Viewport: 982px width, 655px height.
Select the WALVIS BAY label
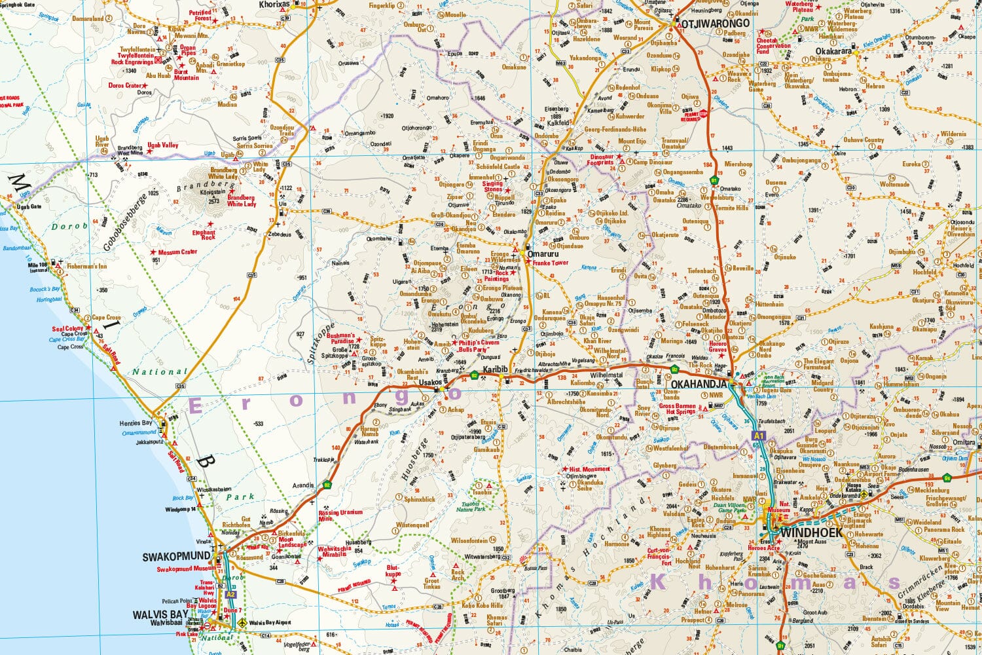tap(159, 614)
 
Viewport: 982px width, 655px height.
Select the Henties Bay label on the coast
tap(136, 423)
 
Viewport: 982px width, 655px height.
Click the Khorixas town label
tap(274, 4)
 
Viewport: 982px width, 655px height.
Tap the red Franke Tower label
tap(551, 263)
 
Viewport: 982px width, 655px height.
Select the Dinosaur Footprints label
tap(605, 160)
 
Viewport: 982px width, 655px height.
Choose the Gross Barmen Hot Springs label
tap(677, 409)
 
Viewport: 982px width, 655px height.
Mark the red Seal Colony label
tap(67, 329)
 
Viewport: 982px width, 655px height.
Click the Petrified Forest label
tap(200, 15)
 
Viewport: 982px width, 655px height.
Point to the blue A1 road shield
tap(758, 436)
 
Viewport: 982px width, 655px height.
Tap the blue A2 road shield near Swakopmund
tap(230, 594)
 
